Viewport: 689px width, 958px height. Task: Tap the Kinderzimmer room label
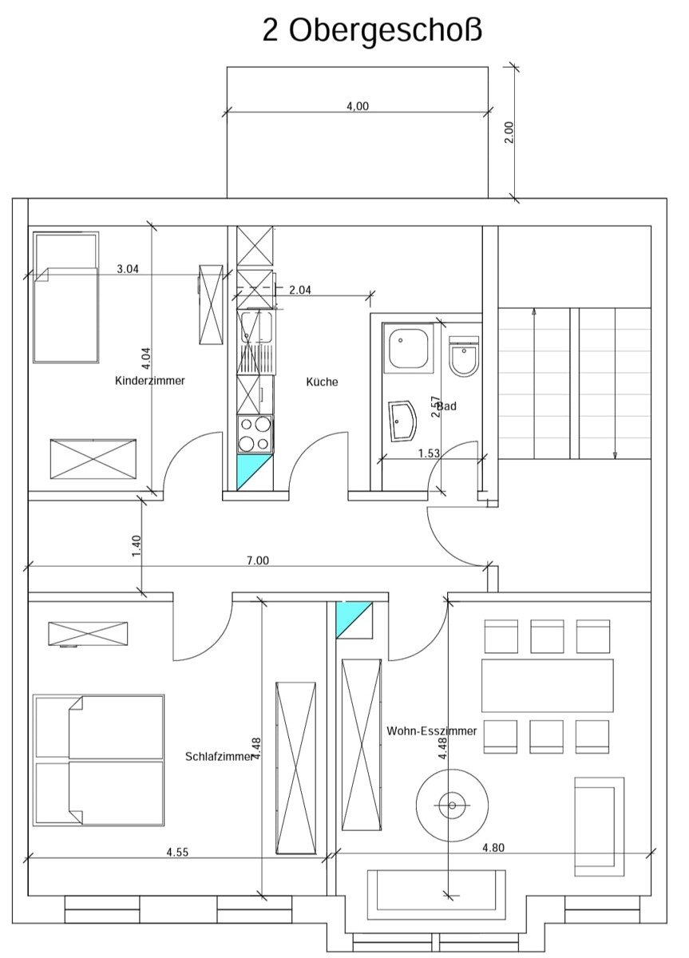[x=150, y=381]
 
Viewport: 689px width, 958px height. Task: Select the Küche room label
[x=322, y=382]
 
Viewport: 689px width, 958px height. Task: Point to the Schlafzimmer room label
[x=216, y=756]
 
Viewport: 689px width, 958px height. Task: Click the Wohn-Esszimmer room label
[x=432, y=730]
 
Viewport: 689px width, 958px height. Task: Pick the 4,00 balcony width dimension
[x=357, y=106]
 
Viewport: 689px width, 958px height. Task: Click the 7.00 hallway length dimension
[x=257, y=560]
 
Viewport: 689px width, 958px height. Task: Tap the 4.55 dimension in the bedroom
[x=177, y=852]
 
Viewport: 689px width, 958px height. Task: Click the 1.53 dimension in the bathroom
[x=430, y=453]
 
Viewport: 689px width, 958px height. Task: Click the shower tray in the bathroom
[x=408, y=348]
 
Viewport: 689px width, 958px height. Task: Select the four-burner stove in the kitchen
[x=255, y=434]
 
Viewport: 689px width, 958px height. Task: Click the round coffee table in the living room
[x=453, y=805]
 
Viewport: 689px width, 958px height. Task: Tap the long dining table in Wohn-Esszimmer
[x=547, y=685]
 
